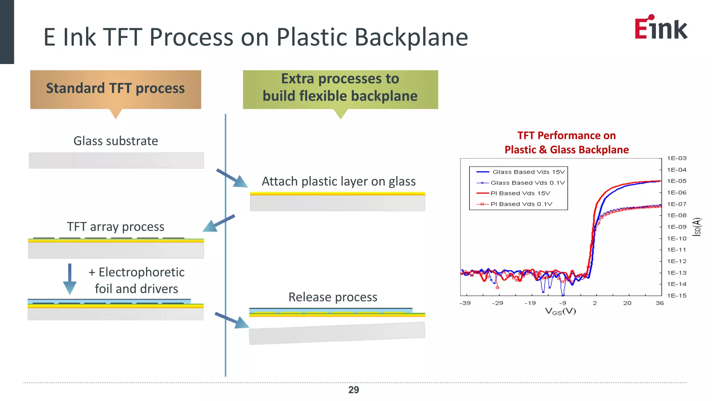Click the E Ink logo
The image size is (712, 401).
661,27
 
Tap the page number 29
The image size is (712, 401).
354,390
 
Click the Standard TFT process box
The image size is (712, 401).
115,89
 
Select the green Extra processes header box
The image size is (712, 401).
340,89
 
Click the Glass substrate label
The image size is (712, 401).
116,141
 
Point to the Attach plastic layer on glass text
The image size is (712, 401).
338,181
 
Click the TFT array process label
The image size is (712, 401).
115,227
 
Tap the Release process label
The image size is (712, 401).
333,297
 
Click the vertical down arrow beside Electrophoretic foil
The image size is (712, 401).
70,279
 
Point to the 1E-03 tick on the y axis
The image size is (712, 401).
677,158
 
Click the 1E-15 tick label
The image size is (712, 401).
677,296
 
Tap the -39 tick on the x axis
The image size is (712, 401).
465,303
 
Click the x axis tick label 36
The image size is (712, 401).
660,303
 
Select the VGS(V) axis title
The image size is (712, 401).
560,312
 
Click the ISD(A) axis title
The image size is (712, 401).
697,227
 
